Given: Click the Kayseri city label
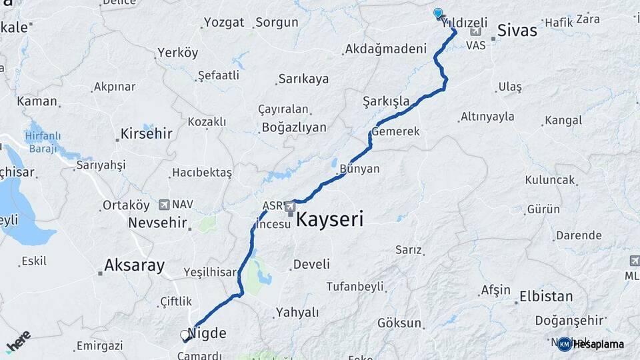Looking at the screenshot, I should (329, 219).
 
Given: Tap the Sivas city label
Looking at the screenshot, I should (517, 30).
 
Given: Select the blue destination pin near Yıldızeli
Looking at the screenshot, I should (438, 13).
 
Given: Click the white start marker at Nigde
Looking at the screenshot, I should (185, 335).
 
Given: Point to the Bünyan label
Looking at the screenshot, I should (359, 169).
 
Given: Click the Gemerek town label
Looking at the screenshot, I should (396, 131).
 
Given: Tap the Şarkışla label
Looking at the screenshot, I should (386, 101).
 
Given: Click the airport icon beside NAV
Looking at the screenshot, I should (163, 204).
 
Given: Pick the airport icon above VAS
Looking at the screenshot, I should (475, 32).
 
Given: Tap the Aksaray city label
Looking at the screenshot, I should (133, 265).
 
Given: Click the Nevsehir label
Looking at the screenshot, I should (157, 223).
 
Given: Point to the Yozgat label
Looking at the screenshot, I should (224, 22).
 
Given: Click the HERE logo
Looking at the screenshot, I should (18, 341).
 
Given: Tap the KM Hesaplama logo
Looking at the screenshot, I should (591, 344).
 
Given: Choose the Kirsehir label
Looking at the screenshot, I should (146, 133).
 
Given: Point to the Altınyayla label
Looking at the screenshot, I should (487, 117).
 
